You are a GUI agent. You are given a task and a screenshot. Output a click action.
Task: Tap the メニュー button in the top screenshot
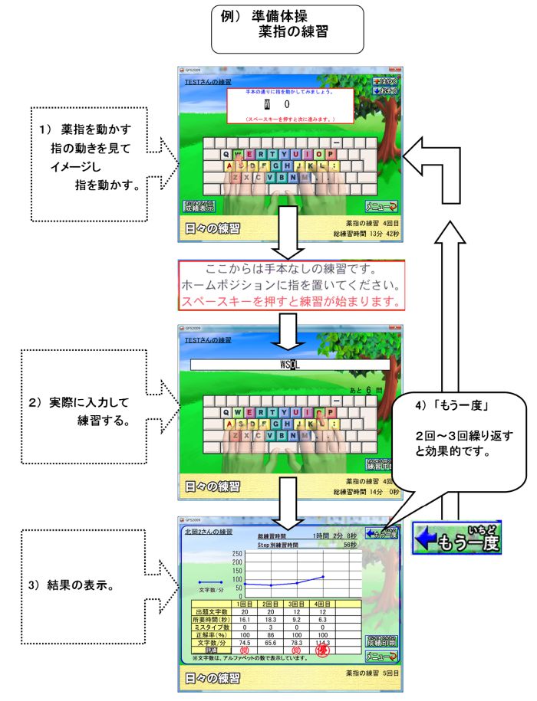coord(382,206)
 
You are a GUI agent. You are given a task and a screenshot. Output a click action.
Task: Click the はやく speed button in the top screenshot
coord(387,81)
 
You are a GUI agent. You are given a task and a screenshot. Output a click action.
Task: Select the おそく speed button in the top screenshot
coord(387,91)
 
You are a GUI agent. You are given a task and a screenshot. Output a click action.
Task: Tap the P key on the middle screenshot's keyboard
coord(329,412)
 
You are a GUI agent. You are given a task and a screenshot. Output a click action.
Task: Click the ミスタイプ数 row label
coord(211,626)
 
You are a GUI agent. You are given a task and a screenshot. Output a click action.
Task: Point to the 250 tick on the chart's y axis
coord(238,553)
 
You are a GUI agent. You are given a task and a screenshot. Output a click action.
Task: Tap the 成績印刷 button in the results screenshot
coord(382,640)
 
